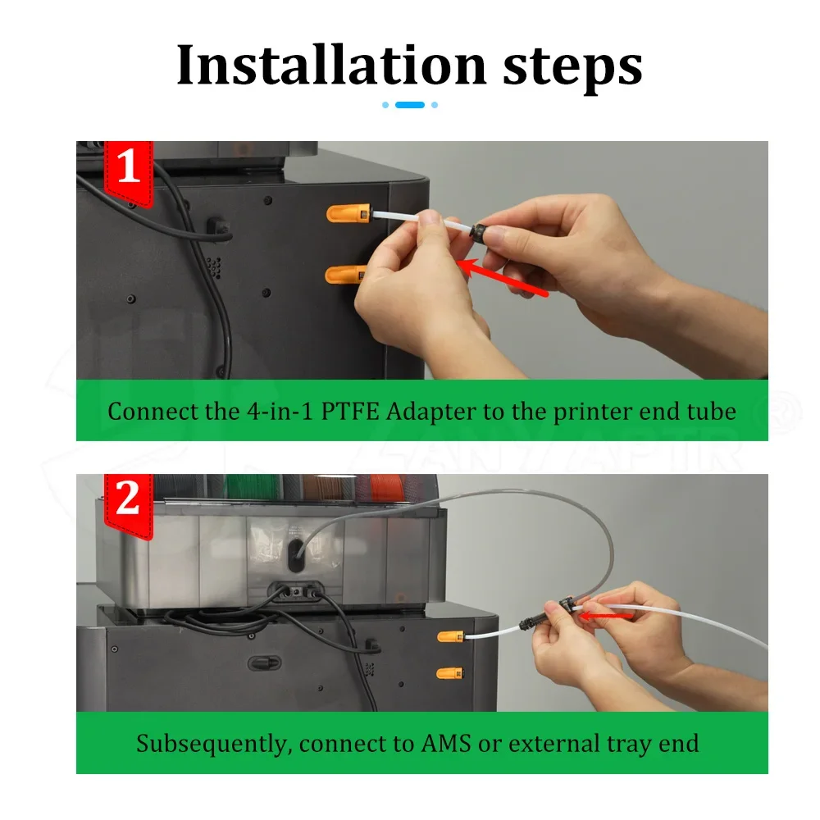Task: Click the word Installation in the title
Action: point(331,65)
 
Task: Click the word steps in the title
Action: point(572,68)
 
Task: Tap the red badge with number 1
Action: point(129,172)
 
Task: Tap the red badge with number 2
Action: point(129,505)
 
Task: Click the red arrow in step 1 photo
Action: point(503,276)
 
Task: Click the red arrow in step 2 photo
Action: point(607,616)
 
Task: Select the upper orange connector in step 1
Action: point(348,213)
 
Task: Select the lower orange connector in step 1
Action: point(345,274)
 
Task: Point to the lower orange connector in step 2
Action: point(449,673)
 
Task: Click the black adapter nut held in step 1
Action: point(479,232)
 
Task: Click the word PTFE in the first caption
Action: point(349,411)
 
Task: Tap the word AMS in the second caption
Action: point(446,743)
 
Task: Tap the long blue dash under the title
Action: point(410,105)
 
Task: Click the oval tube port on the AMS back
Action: point(295,555)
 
